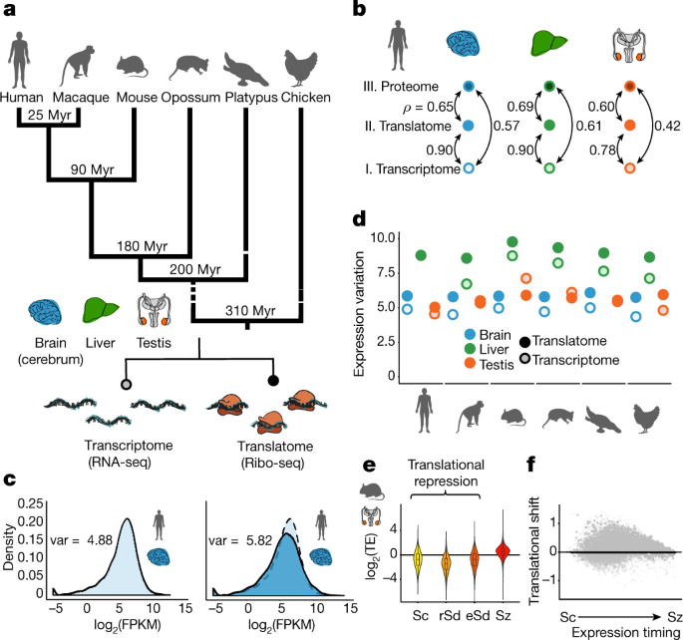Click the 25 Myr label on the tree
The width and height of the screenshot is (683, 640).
(x=49, y=115)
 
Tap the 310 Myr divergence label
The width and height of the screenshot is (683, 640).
(x=250, y=311)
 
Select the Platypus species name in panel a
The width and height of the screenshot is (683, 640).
(x=251, y=97)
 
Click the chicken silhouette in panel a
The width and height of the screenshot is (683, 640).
(x=300, y=67)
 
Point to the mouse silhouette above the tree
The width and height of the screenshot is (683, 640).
(x=133, y=67)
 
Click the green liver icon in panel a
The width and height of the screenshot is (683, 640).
(x=101, y=310)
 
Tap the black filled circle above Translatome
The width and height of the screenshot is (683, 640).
(x=273, y=381)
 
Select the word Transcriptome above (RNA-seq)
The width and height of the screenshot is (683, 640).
(x=129, y=446)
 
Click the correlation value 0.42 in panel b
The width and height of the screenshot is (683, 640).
(x=667, y=126)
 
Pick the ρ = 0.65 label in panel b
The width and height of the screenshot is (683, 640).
(x=429, y=107)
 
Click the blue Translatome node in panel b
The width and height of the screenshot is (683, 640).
(x=468, y=126)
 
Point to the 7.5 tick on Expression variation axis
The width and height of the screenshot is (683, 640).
(x=383, y=273)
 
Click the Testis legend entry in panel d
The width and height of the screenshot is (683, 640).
(x=490, y=364)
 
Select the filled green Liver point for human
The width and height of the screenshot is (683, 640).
(x=421, y=255)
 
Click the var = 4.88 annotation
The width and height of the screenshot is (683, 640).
(x=82, y=540)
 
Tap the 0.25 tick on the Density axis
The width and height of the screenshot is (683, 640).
(x=31, y=503)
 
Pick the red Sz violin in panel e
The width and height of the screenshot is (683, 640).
(x=503, y=550)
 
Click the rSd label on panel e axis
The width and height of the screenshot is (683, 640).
(x=450, y=616)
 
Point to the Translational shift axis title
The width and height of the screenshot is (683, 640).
(x=534, y=550)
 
